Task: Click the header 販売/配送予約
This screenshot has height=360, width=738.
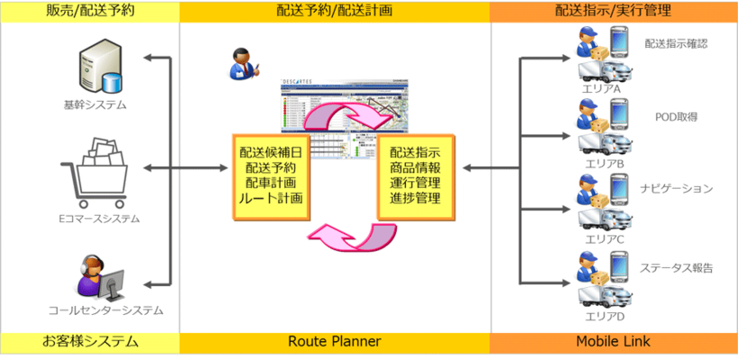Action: [90, 10]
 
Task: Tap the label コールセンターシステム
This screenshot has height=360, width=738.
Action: [106, 310]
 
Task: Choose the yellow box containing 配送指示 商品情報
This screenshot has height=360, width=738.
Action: [416, 175]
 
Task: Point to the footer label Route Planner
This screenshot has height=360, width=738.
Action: [335, 342]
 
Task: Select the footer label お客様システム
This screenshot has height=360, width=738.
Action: [90, 342]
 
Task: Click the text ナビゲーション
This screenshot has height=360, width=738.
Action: [678, 189]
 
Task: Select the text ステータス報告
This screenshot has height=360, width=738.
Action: [678, 267]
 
